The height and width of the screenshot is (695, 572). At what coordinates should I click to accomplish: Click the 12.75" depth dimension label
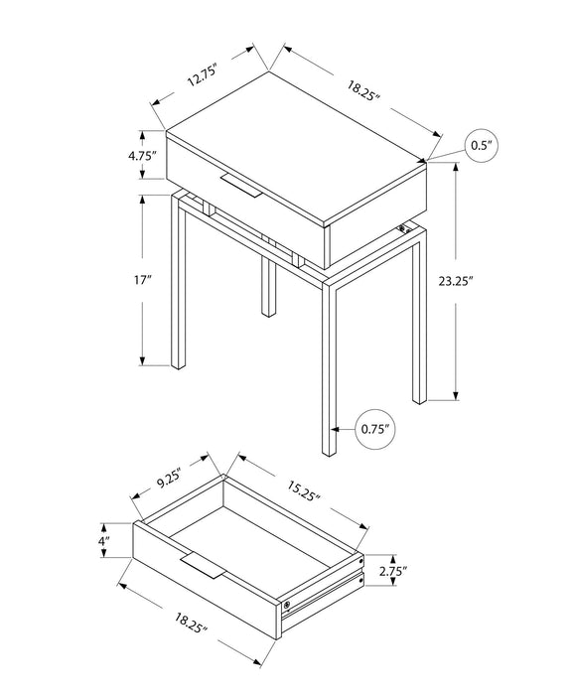(201, 73)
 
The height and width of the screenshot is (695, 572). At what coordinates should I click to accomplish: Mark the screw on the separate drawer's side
(287, 603)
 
